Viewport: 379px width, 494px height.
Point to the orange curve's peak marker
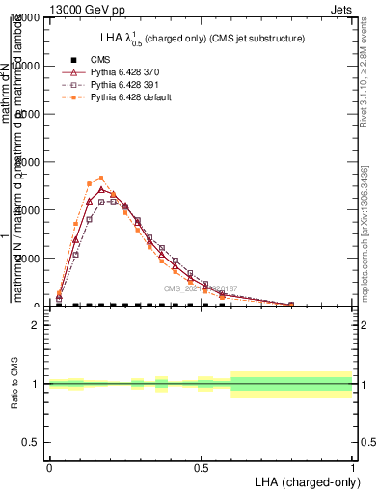click(101, 178)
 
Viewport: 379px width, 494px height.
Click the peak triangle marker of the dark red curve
click(101, 190)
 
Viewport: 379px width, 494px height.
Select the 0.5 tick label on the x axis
click(201, 468)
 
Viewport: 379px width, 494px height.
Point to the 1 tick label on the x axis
click(352, 468)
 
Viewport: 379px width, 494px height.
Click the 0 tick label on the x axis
click(48, 468)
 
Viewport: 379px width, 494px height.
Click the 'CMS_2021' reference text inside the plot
click(183, 288)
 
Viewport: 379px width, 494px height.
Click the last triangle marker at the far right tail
click(291, 304)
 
